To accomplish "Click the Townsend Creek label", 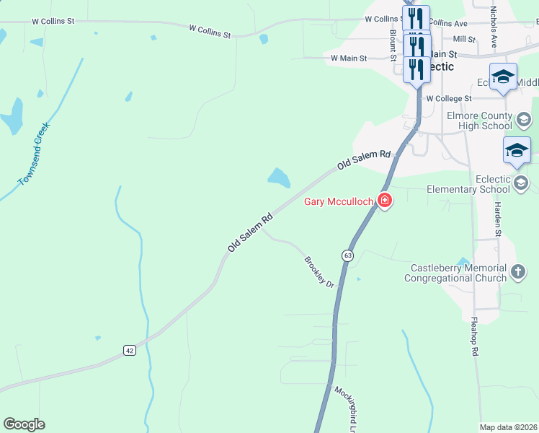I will coord(35,154).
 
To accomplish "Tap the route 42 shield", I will coord(129,350).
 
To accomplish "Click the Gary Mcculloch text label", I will coord(339,201).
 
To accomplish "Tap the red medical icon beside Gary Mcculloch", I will coord(385,201).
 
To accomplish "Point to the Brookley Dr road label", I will coord(319,272).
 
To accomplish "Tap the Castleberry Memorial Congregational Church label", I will coord(458,273).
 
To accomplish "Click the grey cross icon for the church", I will coord(517,272).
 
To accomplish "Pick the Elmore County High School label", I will coord(479,121).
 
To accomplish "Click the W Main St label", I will coord(349,58).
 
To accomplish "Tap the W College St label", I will coord(448,98).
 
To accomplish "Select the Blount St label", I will coord(393,45).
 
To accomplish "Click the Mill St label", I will coord(464,39).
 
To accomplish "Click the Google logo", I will coord(24,424).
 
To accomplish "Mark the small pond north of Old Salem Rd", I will coord(278,177).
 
